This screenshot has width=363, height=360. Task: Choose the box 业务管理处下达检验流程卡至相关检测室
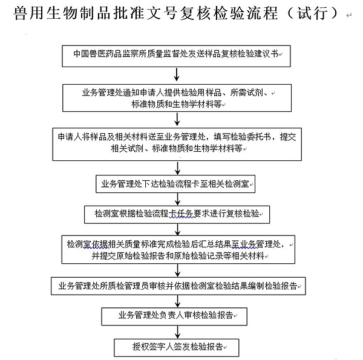pos(175,184)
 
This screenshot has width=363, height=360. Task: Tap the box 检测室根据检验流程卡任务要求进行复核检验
pos(175,214)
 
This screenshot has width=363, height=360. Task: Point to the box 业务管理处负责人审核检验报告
pos(175,315)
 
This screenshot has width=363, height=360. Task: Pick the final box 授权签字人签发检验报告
pos(175,347)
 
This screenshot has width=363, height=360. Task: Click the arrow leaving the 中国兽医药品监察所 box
pos(176,74)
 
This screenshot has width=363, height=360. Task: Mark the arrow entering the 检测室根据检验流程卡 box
pos(176,199)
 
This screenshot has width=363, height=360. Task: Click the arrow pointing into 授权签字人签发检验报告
pos(176,332)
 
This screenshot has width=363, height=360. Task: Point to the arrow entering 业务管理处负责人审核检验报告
pos(176,300)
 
